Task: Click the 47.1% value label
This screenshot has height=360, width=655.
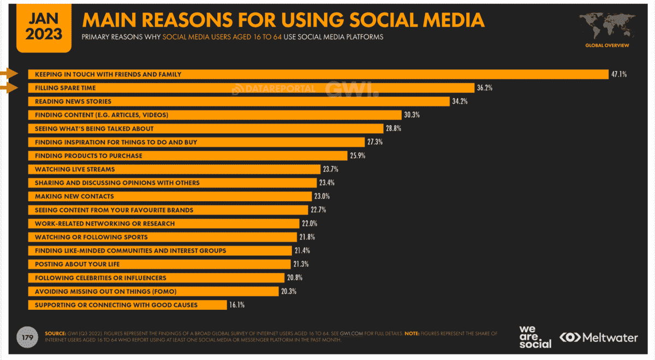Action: [619, 74]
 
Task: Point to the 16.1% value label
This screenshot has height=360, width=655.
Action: [237, 305]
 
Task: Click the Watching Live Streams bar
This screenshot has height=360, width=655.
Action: [175, 169]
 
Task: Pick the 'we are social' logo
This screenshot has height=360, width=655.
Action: [535, 337]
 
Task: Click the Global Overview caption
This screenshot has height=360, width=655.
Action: [607, 45]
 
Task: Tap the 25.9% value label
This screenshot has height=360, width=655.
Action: [358, 155]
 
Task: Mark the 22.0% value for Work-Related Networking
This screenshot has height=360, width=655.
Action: [309, 224]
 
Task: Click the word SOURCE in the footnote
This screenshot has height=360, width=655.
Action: [55, 333]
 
